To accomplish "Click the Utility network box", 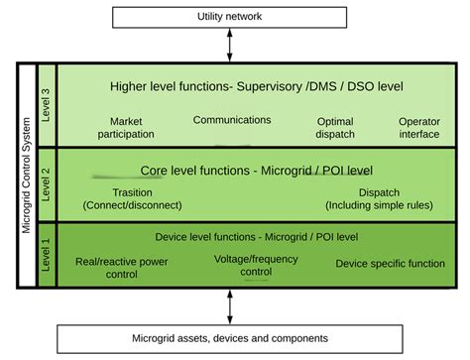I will [x=230, y=17].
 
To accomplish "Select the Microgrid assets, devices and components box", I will [x=230, y=337].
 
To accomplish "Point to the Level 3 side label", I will [x=45, y=102].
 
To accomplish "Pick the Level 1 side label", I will [x=45, y=255].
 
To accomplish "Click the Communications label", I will [x=232, y=120].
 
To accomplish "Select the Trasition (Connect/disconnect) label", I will [x=132, y=199].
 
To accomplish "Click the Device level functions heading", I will [x=257, y=237].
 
